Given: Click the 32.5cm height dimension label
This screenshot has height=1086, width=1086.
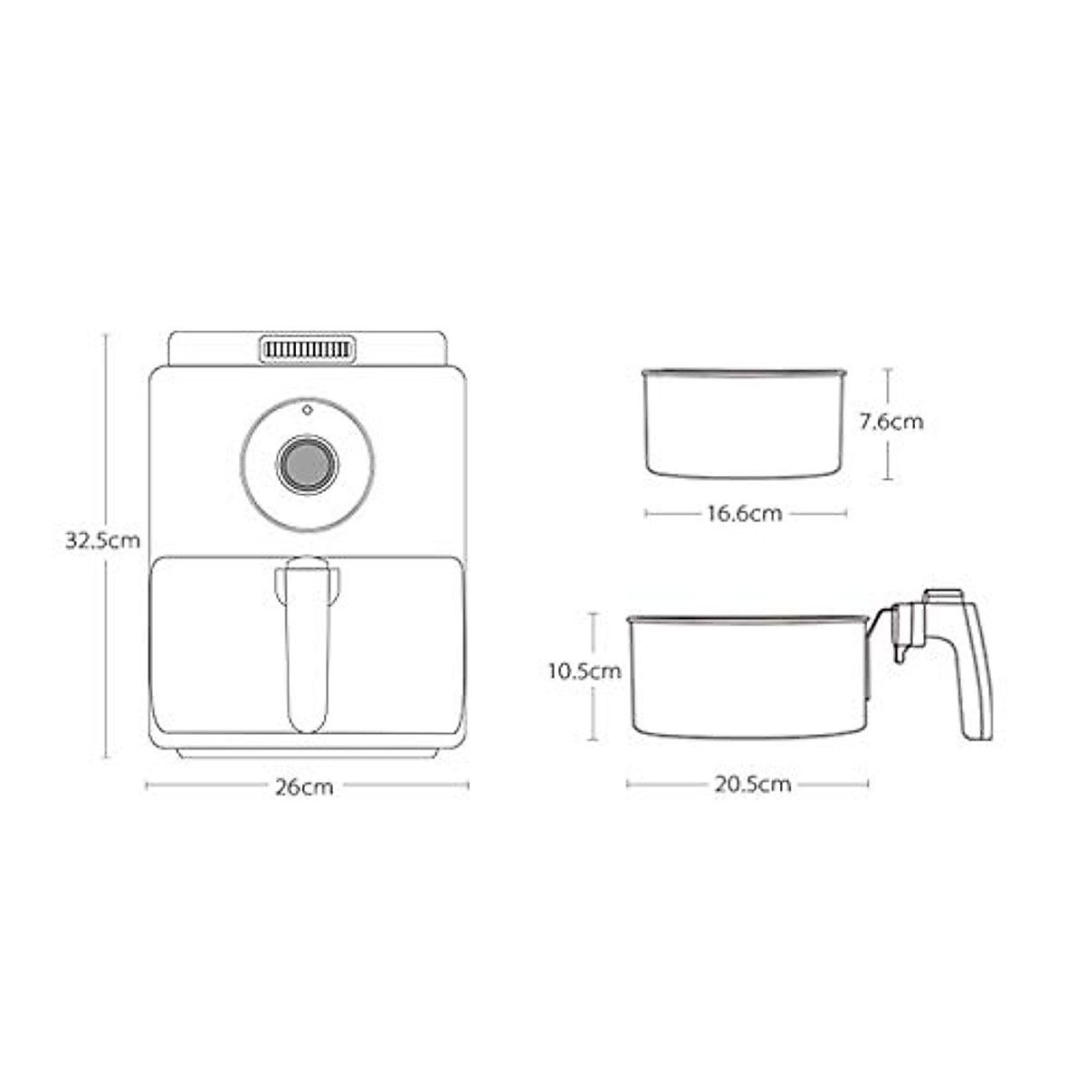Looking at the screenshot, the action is point(102,540).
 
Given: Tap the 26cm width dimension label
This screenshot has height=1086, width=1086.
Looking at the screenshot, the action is point(304,787).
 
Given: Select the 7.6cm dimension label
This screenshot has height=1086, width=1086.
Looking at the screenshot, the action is point(891,422).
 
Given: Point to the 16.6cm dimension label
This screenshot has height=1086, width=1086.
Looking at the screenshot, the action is point(745,513).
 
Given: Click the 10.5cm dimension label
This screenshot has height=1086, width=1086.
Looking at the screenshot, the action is point(585,672).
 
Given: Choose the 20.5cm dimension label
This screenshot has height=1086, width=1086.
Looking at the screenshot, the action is point(753,785).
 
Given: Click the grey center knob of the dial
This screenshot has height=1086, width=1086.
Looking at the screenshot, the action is point(307,465).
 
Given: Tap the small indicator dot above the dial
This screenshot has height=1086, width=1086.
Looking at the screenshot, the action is point(307,410).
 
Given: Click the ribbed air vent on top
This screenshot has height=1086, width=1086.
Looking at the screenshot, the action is point(308,350).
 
